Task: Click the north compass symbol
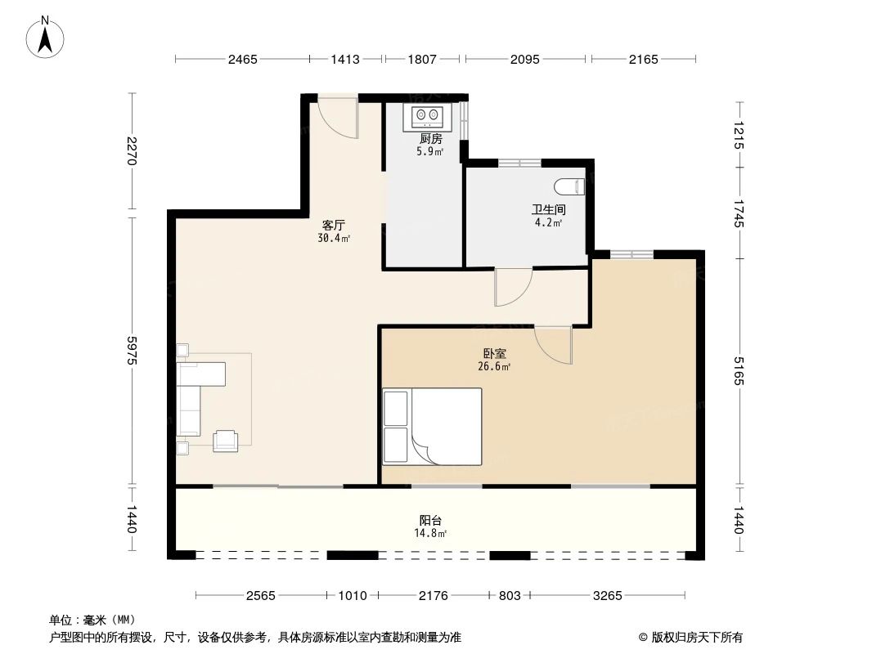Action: coord(47,36)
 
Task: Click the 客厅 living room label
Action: coord(334,226)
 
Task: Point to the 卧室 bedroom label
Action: coord(494,354)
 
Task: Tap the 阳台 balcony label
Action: coord(432,520)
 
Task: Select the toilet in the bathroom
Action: coord(578,186)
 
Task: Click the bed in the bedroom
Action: coord(432,426)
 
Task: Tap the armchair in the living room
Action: coord(226,441)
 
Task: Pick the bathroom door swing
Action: coord(513,286)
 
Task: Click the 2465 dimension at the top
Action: coord(243,59)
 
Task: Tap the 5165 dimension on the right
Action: coord(740,371)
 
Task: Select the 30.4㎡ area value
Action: coord(334,239)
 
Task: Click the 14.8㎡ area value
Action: coord(432,533)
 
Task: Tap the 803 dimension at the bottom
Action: coord(510,596)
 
